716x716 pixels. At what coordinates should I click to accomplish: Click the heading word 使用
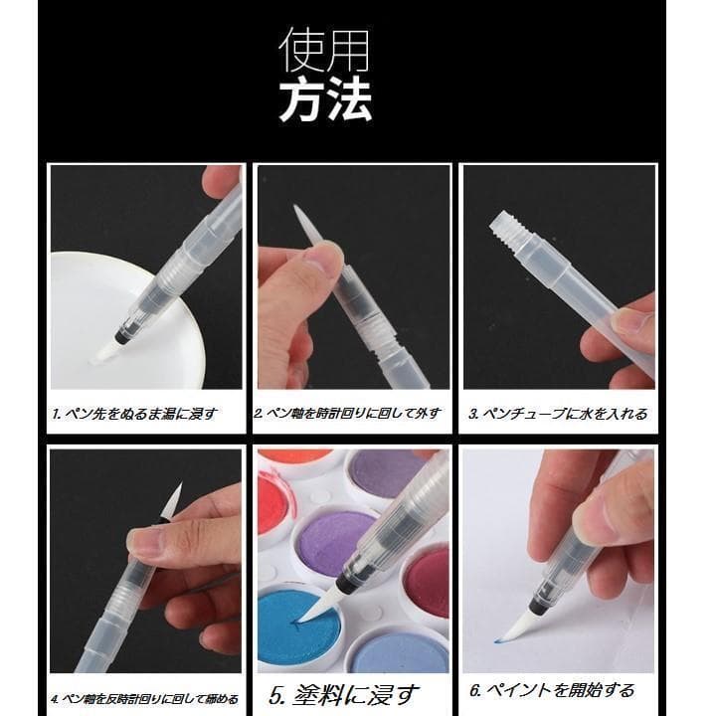324,50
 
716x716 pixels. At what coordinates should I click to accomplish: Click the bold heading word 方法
325,100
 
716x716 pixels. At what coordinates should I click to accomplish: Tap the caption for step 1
134,414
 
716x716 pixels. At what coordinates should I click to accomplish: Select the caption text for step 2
347,414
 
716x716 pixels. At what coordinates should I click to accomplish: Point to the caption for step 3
558,414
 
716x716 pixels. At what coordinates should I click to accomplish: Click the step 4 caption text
144,699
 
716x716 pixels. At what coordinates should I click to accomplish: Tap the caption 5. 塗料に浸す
343,695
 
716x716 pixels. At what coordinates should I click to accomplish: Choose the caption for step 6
552,690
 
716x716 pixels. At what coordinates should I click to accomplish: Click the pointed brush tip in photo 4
174,500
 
